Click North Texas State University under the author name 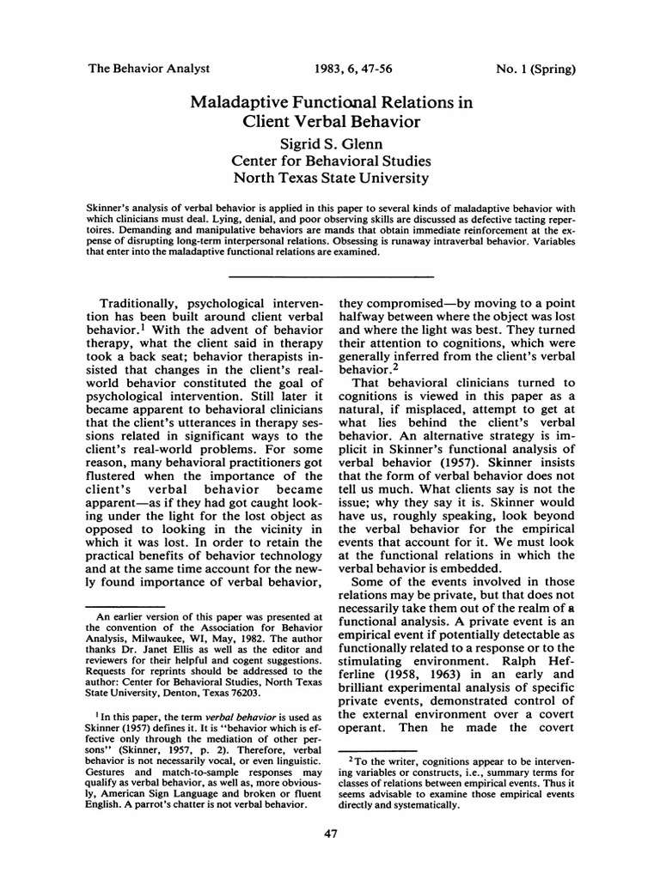pos(330,179)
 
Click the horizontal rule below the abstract pos(330,276)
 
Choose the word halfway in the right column pos(367,320)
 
